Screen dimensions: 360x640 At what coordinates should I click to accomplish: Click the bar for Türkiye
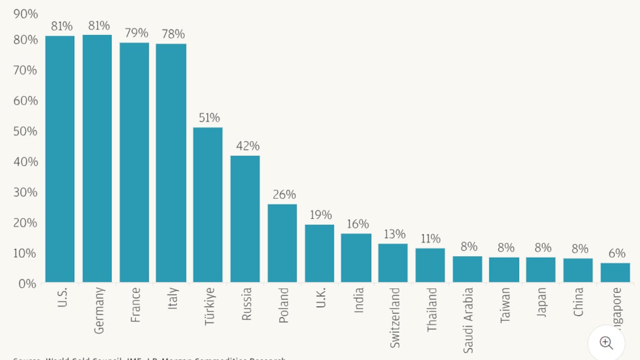coord(208,205)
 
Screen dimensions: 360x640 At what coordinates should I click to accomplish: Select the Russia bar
coord(245,219)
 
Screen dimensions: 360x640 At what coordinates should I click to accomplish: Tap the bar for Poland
coord(282,243)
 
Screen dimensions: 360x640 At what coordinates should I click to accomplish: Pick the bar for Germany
coord(97,158)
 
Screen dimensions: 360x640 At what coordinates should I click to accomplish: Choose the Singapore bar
coord(615,273)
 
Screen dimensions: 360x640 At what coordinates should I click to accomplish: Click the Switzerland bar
coord(393,263)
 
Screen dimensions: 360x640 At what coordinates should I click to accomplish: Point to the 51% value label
coord(209,118)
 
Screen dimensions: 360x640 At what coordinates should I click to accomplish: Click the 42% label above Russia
coord(247,146)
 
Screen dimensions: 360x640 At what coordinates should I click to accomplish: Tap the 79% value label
coord(136,33)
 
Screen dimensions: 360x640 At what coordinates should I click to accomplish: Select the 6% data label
coord(617,254)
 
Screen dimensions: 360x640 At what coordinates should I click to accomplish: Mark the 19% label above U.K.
coord(321,215)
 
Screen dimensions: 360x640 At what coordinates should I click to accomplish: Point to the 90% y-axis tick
coord(25,14)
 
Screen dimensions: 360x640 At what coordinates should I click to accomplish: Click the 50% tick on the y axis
coord(25,131)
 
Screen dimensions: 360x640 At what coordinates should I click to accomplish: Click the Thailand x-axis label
coord(432,309)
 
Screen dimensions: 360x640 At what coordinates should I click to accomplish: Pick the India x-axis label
coord(359,300)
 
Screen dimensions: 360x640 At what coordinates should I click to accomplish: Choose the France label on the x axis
coord(135,305)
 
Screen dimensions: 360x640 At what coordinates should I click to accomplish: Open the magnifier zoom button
coord(606,343)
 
